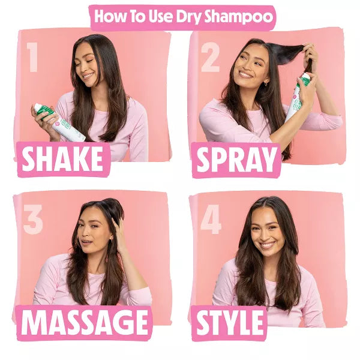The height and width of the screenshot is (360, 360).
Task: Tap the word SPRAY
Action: coord(236,160)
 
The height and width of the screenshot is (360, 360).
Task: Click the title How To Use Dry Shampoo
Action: coord(182,17)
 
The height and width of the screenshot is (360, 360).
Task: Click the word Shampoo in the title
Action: coord(238,17)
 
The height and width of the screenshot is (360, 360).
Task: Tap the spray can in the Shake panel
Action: coord(60,122)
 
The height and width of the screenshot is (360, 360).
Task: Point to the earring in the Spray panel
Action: coord(265,84)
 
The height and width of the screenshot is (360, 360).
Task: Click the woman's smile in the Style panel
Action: coord(267,245)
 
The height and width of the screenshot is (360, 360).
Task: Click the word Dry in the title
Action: coord(188,17)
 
